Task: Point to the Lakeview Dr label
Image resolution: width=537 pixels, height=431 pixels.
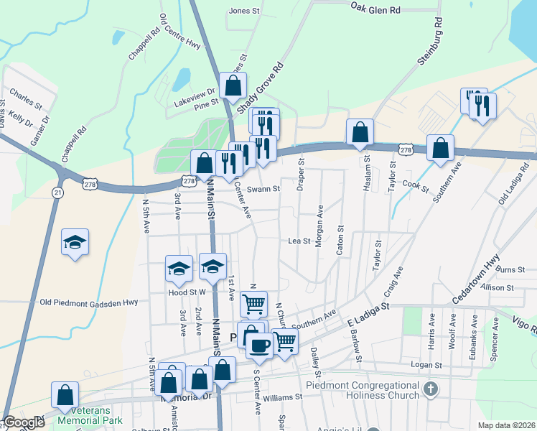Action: click(x=195, y=92)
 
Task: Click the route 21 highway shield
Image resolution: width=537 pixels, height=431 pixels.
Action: click(x=57, y=193)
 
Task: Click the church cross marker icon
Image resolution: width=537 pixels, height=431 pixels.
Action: click(x=430, y=390)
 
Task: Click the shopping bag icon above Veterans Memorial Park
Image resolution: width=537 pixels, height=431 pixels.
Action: click(x=65, y=394)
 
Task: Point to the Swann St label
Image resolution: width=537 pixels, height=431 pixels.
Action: click(x=263, y=189)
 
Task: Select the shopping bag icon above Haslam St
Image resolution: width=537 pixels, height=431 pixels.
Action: click(x=360, y=132)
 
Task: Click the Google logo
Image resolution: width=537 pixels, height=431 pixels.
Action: click(x=23, y=423)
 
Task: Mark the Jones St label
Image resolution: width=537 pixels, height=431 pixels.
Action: click(x=243, y=11)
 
